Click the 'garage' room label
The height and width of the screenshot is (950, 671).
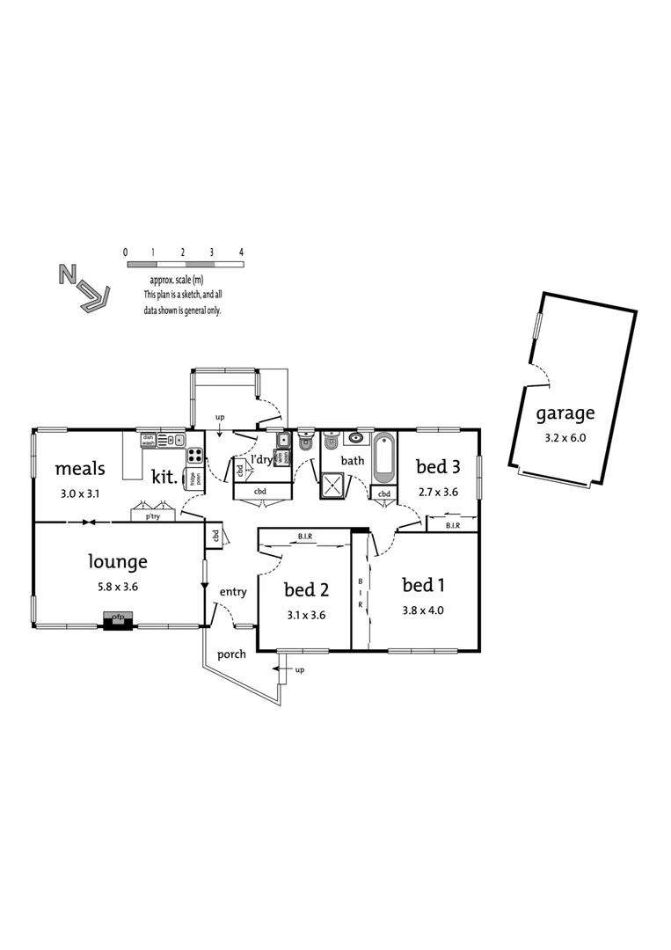(x=565, y=413)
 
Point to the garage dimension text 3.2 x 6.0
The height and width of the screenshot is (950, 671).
(x=565, y=435)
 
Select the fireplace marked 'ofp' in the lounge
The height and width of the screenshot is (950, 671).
(x=118, y=619)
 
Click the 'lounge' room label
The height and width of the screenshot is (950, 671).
(x=118, y=561)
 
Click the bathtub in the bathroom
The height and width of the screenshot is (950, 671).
(x=384, y=459)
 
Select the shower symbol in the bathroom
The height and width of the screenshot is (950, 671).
(x=334, y=486)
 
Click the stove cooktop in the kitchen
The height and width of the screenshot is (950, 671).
(x=194, y=456)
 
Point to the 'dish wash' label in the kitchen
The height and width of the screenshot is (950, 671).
(x=148, y=440)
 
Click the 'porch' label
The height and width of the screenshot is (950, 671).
(x=232, y=654)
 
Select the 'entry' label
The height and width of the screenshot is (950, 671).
(x=233, y=592)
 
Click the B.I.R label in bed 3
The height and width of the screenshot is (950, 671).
(x=452, y=525)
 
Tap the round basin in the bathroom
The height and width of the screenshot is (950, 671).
(x=357, y=438)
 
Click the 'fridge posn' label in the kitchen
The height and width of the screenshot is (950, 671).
(x=191, y=479)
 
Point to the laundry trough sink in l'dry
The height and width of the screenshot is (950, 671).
(x=285, y=440)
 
